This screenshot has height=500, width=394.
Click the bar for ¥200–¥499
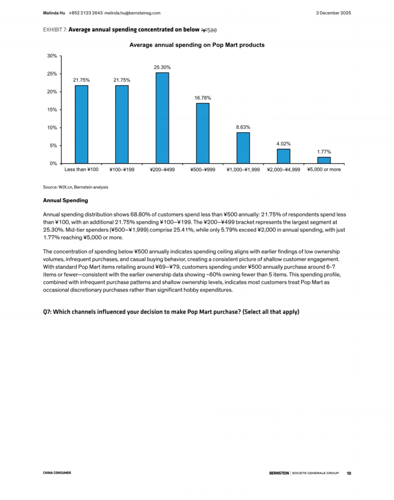point(162,118)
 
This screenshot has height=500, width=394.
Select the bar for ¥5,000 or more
point(324,160)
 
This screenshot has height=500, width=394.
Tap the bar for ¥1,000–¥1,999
point(243,148)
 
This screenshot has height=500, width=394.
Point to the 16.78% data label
point(203,98)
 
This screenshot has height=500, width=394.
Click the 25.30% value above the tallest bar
point(162,67)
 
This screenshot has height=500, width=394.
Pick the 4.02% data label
point(283,144)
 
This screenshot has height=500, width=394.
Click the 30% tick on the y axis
point(52,56)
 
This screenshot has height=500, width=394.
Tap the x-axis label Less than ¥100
point(81,169)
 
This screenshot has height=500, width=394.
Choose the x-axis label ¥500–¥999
point(203,169)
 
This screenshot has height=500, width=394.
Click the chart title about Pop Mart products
point(197,45)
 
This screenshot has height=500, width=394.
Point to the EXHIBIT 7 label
point(55,30)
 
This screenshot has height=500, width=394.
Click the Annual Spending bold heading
point(65,200)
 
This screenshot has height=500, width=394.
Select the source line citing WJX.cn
point(76,187)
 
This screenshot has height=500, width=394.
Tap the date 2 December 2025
point(333,13)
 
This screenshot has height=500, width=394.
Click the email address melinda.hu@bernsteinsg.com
point(132,13)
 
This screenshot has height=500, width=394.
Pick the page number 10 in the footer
point(349,473)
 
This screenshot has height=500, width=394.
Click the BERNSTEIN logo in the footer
point(279,473)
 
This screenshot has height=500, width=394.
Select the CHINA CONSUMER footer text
point(57,473)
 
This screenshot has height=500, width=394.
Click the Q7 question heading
point(171,312)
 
